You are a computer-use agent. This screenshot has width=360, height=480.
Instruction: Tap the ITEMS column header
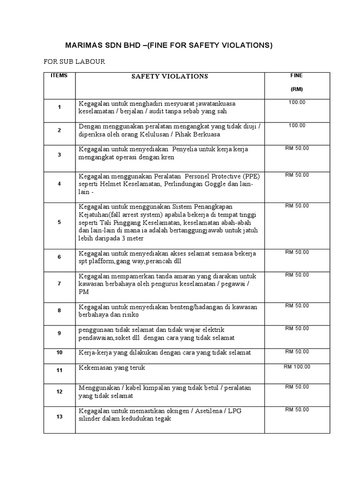pos(60,75)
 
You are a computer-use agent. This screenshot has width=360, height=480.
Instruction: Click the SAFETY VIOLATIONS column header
pos(170,76)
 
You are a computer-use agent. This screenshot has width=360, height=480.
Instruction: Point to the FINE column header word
pos(297,75)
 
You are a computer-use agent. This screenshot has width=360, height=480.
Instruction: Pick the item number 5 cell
pos(60,222)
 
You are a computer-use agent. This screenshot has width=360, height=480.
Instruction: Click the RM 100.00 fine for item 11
pos(297,367)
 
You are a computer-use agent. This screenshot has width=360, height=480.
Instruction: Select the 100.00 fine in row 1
pos(297,102)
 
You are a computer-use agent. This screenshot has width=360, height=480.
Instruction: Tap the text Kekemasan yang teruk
pos(112,368)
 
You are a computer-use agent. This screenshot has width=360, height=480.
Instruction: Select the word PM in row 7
pos(83,292)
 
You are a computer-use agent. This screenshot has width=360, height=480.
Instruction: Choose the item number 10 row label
pos(60,352)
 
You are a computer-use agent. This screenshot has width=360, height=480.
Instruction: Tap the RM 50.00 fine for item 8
pos(297,306)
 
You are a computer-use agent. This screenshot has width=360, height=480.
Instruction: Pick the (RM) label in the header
pos(297,89)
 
